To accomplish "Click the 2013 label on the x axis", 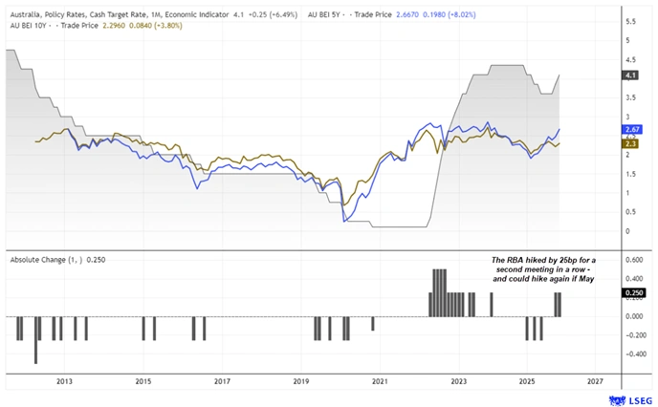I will [64, 381].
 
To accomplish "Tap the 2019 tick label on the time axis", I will [301, 381].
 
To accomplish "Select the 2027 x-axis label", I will [595, 381].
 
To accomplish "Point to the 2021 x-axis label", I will [380, 381].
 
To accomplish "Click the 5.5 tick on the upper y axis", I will [629, 21].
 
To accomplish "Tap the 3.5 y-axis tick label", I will [629, 97].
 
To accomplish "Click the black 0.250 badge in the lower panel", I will [633, 293].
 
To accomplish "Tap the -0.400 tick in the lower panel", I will [632, 353].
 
